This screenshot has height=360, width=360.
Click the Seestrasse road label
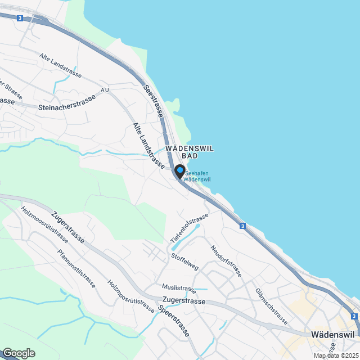[153, 101]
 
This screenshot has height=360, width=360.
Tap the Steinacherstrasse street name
[67, 102]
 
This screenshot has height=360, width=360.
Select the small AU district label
[105, 90]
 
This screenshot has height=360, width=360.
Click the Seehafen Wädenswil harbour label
[197, 176]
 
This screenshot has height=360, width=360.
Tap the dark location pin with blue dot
[179, 171]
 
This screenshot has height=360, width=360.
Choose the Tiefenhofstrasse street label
[189, 228]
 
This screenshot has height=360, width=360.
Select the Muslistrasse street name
[178, 289]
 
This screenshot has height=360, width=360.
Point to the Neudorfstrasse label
[226, 261]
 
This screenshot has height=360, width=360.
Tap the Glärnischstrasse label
[272, 307]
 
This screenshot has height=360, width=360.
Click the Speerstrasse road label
[173, 322]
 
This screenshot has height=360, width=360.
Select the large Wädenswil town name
[332, 334]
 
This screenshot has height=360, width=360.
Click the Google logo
[18, 353]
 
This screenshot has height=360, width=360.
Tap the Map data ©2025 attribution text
[336, 355]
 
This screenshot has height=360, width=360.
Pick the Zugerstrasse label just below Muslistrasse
[183, 301]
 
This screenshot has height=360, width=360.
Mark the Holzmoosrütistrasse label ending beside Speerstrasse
[130, 296]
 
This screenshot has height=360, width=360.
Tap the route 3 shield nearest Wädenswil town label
[354, 317]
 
